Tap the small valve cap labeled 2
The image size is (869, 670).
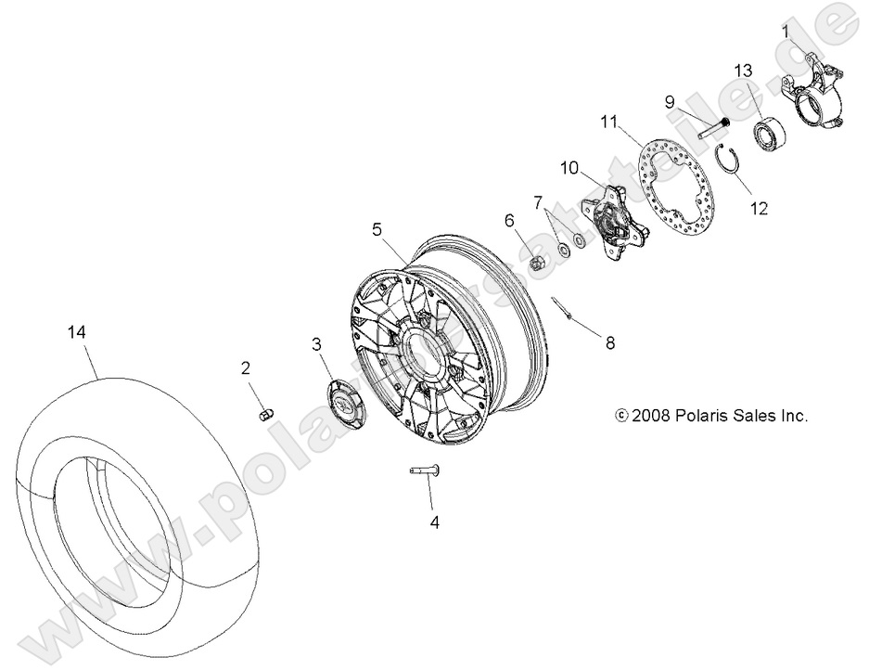[x=263, y=413]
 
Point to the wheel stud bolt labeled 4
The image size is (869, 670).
[x=426, y=471]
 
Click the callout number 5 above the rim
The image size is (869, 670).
[x=377, y=227]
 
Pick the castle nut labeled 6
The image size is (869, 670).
[x=536, y=264]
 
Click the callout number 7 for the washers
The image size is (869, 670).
[x=538, y=202]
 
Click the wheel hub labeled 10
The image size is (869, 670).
[x=608, y=221]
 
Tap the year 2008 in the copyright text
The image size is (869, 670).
[x=649, y=416]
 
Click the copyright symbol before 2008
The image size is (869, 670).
[x=621, y=416]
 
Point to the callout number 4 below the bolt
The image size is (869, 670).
[x=433, y=522]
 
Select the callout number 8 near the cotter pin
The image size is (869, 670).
[x=609, y=343]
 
